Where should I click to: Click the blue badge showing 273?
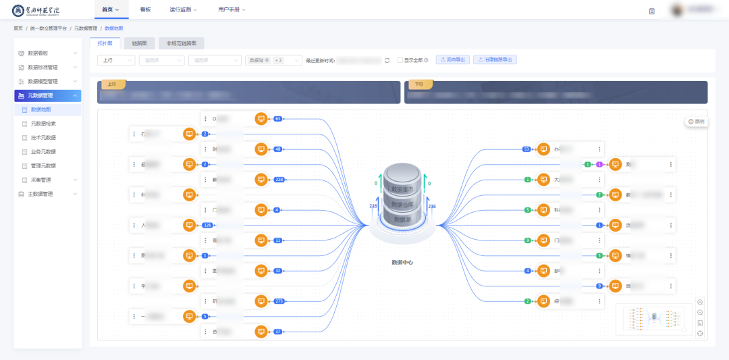tap(277, 301)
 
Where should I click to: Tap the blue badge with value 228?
tap(278, 179)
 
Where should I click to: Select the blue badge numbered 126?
tap(207, 225)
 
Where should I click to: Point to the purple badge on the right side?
tap(599, 164)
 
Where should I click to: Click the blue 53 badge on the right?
tap(526, 149)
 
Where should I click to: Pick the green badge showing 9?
tap(527, 240)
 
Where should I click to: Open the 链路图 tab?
tap(139, 43)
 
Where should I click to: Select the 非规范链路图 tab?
tap(181, 43)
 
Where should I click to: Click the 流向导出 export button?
tap(452, 59)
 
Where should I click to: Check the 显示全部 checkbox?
tap(400, 60)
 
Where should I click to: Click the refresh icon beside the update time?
tap(387, 60)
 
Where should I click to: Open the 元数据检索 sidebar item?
tap(43, 124)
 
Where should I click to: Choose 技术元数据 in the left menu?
tap(43, 137)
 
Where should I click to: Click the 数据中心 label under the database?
tap(402, 262)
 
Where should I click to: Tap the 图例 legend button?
tap(696, 122)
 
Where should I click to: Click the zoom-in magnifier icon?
tap(700, 302)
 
